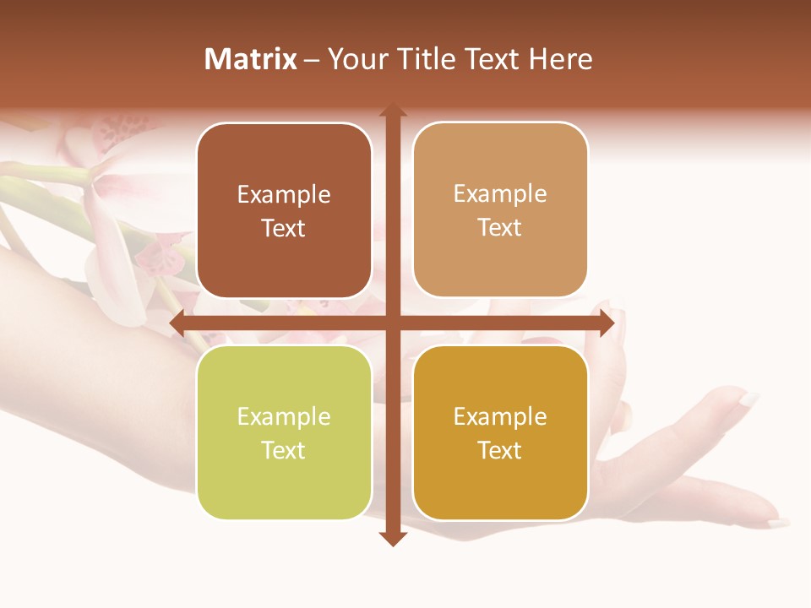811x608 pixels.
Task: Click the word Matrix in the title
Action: [250, 59]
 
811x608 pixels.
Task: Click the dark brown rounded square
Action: [284, 210]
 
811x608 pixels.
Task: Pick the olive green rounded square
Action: [284, 432]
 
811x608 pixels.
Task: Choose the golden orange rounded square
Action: [500, 432]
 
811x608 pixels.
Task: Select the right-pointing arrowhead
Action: [606, 323]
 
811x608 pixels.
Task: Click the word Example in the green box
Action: [284, 416]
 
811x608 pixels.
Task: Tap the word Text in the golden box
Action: [500, 450]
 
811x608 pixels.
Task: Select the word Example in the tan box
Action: [500, 193]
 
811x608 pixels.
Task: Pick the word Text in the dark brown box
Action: [284, 228]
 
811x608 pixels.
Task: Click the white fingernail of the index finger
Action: [748, 399]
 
